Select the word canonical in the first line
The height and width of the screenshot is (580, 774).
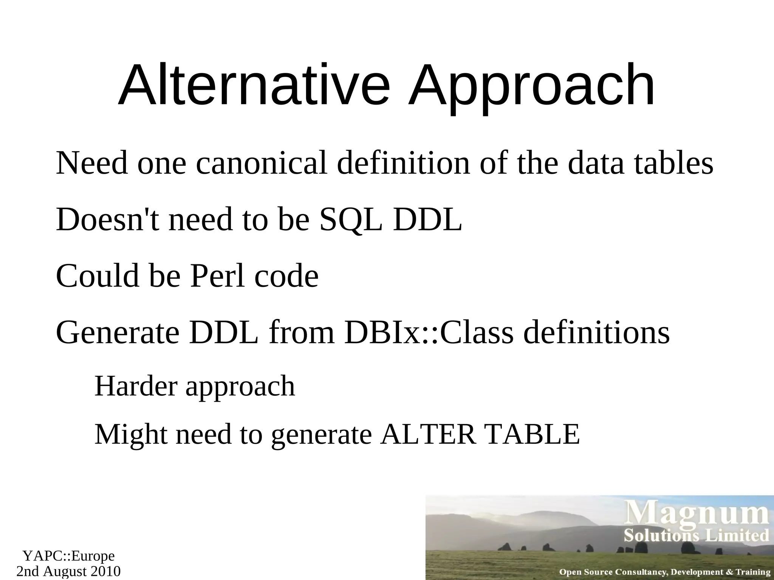pyautogui.click(x=261, y=163)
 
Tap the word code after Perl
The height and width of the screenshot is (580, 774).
pyautogui.click(x=286, y=276)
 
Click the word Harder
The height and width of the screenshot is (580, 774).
pyautogui.click(x=136, y=386)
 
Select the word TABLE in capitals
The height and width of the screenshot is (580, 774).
pyautogui.click(x=533, y=434)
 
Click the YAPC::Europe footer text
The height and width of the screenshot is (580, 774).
pyautogui.click(x=68, y=556)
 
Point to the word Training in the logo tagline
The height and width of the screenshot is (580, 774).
pyautogui.click(x=753, y=572)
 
